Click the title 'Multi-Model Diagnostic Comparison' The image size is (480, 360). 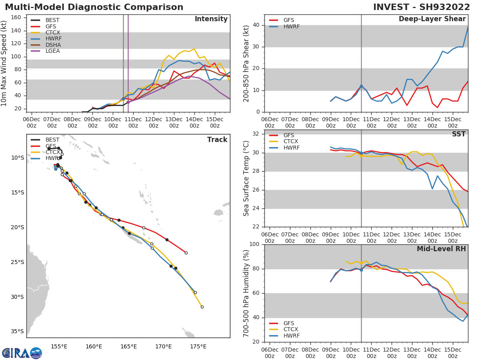(94, 7)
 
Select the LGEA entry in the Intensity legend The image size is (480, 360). (53, 51)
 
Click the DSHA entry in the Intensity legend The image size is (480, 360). (53, 44)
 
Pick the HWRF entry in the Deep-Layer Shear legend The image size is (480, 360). (291, 27)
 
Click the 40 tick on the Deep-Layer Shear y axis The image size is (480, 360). (256, 25)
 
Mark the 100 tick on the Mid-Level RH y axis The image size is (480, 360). (254, 244)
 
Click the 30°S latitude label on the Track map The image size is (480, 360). (17, 297)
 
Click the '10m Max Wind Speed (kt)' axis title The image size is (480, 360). (4, 63)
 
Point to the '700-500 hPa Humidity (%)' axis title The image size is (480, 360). (246, 293)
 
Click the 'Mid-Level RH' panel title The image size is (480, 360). (441, 249)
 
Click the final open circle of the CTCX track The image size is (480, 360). (202, 307)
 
